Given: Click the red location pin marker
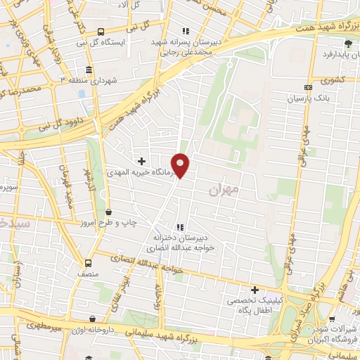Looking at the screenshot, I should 181,165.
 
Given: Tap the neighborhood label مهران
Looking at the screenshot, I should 224,190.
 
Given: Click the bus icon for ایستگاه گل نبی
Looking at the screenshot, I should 101,32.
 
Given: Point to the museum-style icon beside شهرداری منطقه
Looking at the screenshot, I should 88,70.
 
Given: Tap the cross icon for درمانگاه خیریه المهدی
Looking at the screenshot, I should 143,161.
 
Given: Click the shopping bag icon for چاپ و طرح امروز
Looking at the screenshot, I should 108,211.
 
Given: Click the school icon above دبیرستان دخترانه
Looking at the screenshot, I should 180,227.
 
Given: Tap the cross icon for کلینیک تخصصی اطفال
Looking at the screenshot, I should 255,290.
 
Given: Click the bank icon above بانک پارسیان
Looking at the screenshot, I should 307,87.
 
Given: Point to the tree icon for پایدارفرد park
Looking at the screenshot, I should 347,43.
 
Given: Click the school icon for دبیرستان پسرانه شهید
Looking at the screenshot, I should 186,31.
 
